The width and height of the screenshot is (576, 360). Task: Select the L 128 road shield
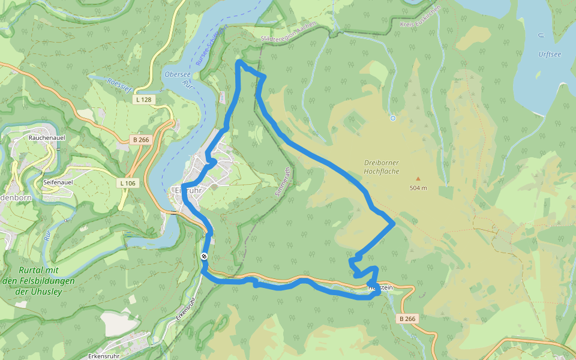click(x=143, y=100)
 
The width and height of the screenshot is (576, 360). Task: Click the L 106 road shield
click(x=128, y=182)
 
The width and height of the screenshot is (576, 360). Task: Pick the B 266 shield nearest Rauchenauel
click(x=140, y=140)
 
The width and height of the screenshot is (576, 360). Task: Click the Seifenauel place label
click(x=58, y=182)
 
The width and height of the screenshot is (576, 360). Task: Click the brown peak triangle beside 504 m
click(x=418, y=178)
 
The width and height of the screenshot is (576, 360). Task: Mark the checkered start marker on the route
click(x=205, y=256)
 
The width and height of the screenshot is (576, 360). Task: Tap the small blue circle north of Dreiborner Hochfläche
click(x=392, y=118)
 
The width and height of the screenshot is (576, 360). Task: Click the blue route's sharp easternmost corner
click(x=394, y=224)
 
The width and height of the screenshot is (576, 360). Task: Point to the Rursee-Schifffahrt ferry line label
click(x=212, y=45)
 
